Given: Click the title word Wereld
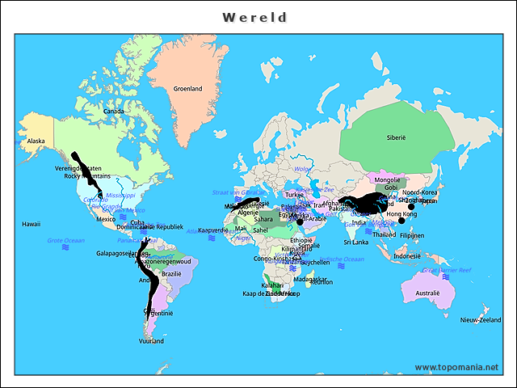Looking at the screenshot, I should click(255, 17).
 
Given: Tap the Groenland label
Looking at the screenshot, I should click(188, 89).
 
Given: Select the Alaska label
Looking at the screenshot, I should click(36, 141).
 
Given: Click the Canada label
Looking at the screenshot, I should click(114, 112).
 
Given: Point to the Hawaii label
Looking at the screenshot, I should click(32, 224).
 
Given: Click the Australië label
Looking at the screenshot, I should click(427, 293).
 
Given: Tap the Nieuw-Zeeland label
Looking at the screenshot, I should click(481, 321).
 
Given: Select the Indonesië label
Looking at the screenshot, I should click(408, 256).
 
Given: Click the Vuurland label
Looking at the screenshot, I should click(151, 341).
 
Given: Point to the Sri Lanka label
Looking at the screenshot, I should click(356, 242).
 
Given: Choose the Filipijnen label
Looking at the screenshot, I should click(412, 235).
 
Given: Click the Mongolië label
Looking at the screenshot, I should click(388, 179).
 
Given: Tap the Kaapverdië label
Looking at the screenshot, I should click(214, 230).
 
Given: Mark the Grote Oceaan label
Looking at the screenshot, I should click(65, 240).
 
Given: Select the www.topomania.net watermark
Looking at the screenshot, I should click(456, 367).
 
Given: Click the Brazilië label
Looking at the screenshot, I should click(171, 274).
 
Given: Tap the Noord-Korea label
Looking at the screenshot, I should click(420, 192).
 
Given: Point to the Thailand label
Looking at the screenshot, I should click(385, 234).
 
